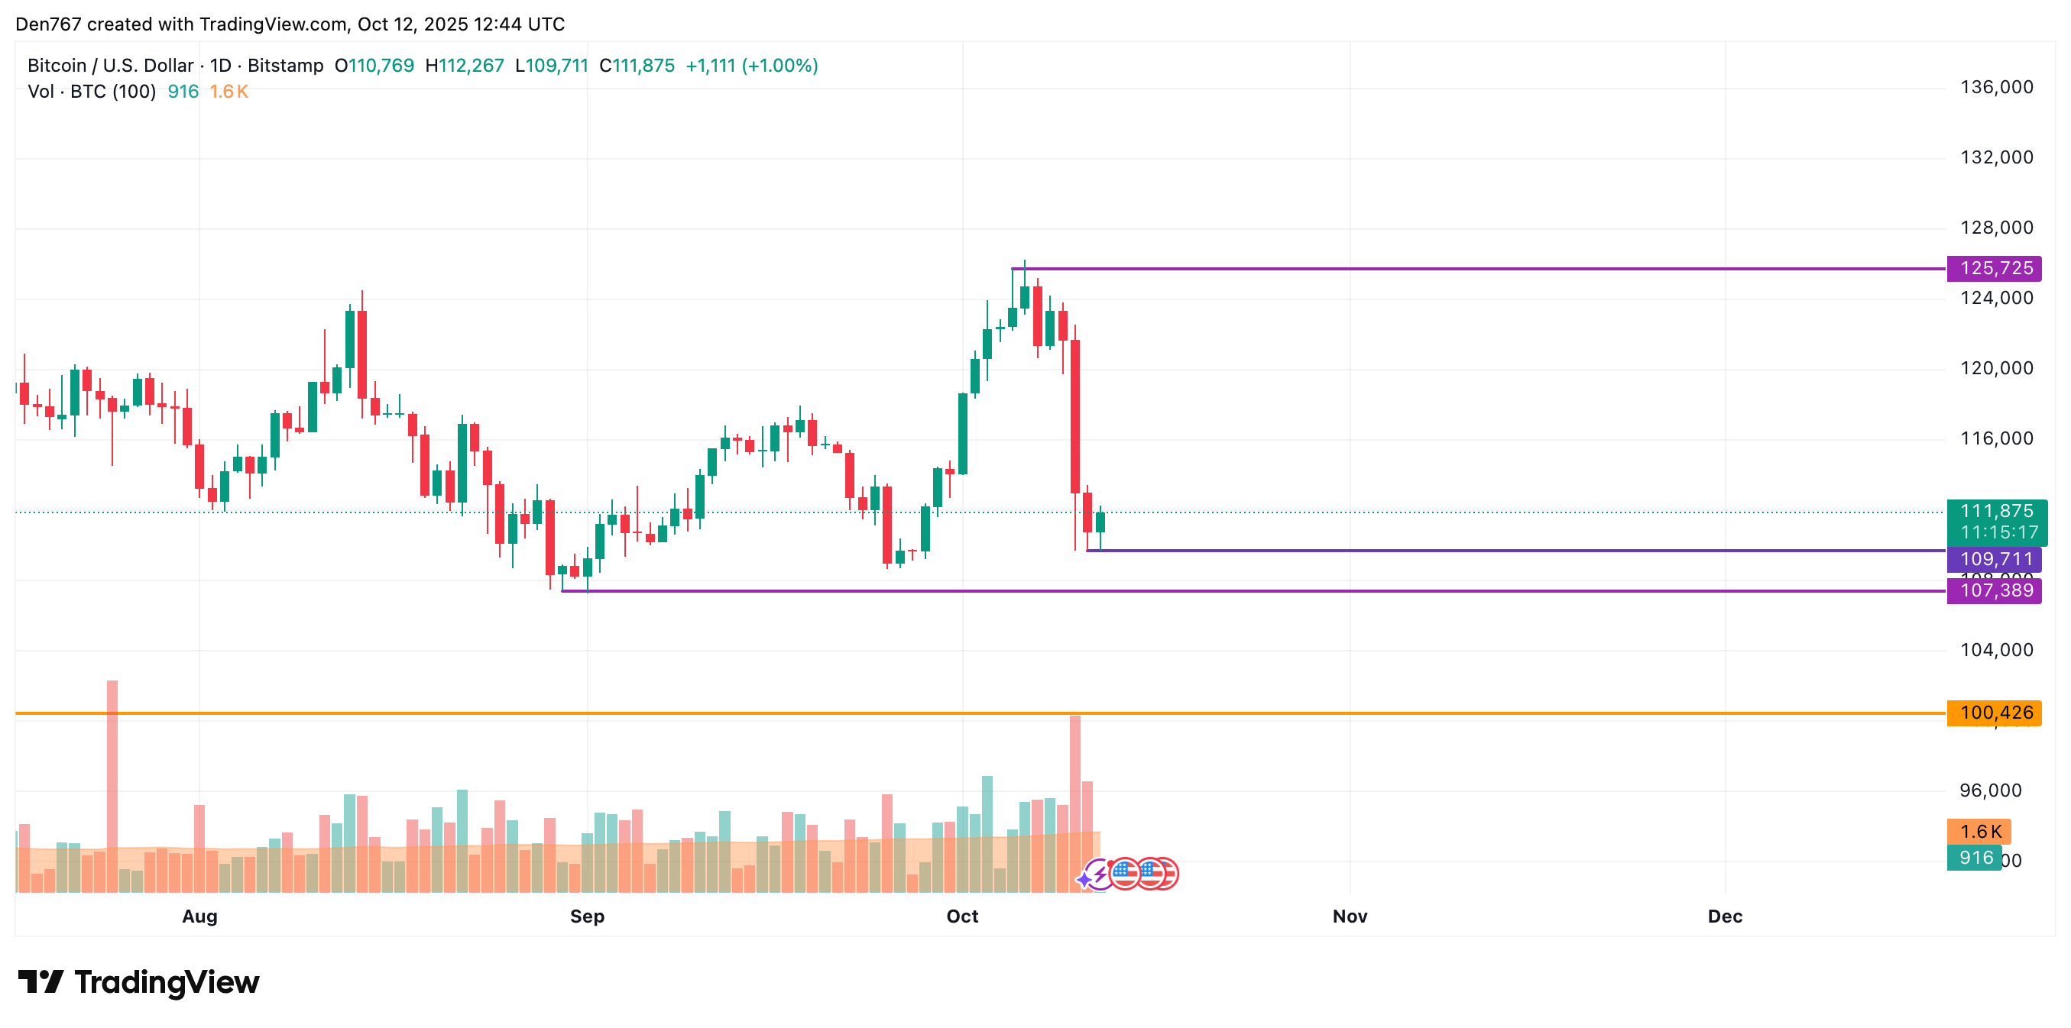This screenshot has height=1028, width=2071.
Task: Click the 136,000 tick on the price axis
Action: pyautogui.click(x=1996, y=88)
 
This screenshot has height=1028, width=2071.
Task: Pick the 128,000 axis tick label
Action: pyautogui.click(x=1996, y=228)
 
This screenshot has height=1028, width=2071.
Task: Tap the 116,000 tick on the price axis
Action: pyautogui.click(x=1996, y=439)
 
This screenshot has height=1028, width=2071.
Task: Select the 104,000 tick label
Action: pyautogui.click(x=1996, y=650)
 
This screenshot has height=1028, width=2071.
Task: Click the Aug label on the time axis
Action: pyautogui.click(x=199, y=916)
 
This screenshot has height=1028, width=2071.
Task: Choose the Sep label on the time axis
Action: pyautogui.click(x=587, y=916)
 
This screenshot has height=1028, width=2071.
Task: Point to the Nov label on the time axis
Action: pyautogui.click(x=1349, y=916)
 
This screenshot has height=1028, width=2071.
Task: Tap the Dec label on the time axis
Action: pyautogui.click(x=1725, y=916)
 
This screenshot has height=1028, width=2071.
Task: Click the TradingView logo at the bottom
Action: pyautogui.click(x=139, y=982)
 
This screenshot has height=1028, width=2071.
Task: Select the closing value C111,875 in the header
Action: pyautogui.click(x=637, y=66)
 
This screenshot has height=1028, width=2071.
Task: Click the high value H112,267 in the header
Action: pyautogui.click(x=464, y=66)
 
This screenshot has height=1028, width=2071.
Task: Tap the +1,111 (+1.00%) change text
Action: pyautogui.click(x=751, y=66)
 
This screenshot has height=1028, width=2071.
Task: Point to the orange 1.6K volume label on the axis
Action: pyautogui.click(x=1979, y=832)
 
